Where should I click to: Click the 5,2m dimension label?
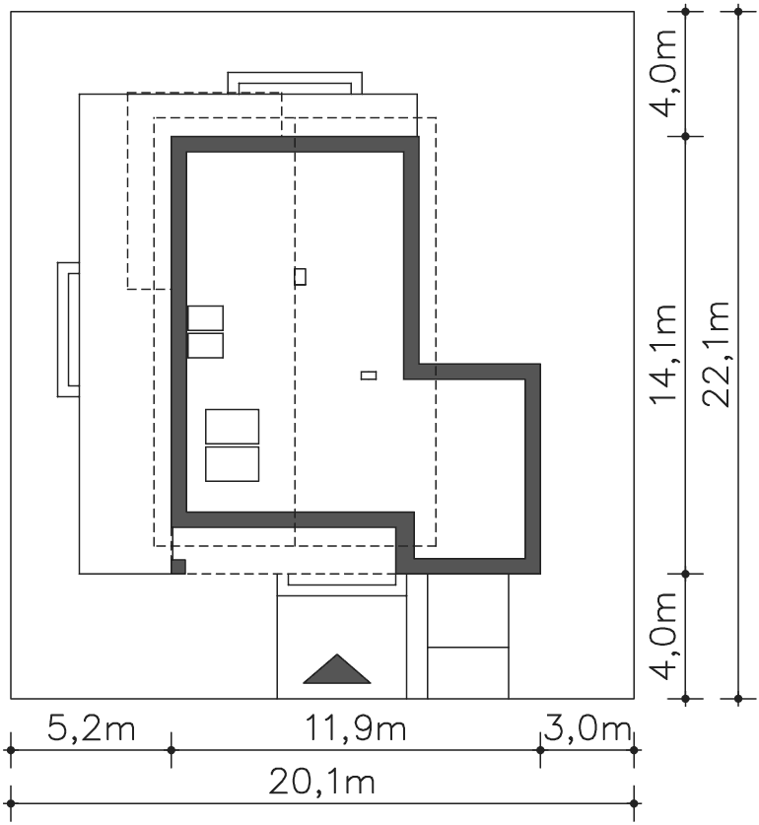coord(91,728)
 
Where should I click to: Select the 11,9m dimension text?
coord(356,728)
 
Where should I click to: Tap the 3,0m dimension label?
coord(587,728)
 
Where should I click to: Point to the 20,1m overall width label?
coord(321,782)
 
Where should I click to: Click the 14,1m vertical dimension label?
coord(663,354)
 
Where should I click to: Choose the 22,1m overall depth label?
coord(717,354)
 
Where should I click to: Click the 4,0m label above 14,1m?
coord(663,73)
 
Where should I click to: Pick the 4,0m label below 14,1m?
coord(663,636)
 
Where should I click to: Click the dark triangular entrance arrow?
coord(337,669)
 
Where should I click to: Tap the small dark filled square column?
coord(178,567)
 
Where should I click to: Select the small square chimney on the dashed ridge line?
coord(300,277)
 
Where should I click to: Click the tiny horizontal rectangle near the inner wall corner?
coord(369,376)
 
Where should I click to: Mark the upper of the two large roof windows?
coord(232,426)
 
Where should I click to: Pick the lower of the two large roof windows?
coord(232,464)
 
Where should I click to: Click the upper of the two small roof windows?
coord(205,317)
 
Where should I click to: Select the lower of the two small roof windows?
coord(205,346)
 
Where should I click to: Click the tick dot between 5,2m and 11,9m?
coord(172,750)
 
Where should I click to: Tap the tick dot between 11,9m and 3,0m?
coord(540,750)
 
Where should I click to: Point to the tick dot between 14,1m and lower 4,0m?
coord(685,574)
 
